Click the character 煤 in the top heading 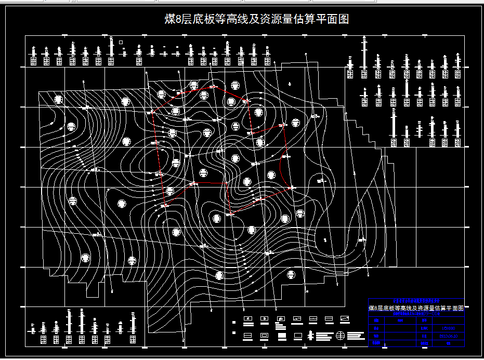pos(170,20)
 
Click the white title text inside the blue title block pos(416,308)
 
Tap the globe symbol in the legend pos(341,336)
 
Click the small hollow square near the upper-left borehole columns pos(121,42)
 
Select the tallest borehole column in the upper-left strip pos(111,50)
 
